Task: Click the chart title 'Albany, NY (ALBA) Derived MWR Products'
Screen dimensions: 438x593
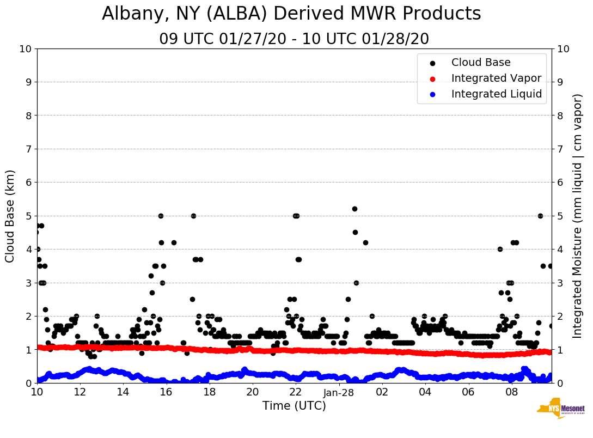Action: coord(291,14)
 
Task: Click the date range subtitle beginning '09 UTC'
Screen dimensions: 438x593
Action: coord(294,39)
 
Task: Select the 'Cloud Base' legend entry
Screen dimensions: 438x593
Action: coord(481,63)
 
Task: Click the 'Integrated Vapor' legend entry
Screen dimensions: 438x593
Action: coord(496,78)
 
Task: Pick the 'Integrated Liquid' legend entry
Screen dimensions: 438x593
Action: coord(497,94)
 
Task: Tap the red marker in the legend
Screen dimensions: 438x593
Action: coord(433,78)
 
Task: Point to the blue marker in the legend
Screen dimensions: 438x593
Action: coord(433,94)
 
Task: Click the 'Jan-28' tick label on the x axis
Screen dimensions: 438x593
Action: coord(339,392)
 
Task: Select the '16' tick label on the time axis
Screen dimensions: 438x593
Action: coord(166,392)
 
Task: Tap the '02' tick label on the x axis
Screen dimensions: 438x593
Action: coord(382,392)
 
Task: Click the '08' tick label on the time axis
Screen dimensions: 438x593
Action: coord(511,392)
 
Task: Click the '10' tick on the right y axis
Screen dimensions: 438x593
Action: coord(564,48)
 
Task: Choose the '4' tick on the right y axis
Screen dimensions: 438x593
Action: coord(560,250)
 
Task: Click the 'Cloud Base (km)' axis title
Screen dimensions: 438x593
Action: coord(10,216)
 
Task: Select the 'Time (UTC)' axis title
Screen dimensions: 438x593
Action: coord(294,406)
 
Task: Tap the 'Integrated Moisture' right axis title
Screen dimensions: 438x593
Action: coord(578,216)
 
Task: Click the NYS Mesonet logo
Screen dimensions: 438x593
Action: coord(560,411)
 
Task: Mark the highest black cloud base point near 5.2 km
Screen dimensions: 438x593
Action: coord(354,209)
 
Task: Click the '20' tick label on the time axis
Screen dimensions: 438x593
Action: coord(252,392)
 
